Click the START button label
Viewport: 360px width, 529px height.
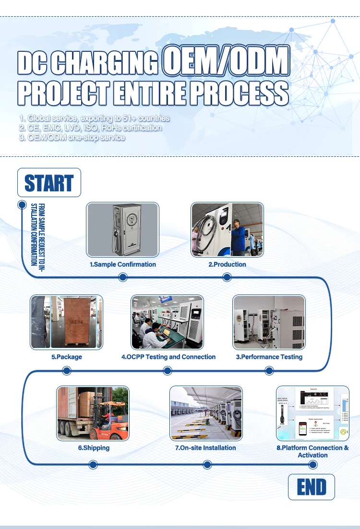(49, 183)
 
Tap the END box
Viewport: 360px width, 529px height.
(311, 487)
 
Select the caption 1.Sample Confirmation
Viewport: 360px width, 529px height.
(123, 264)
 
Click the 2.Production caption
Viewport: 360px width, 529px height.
(227, 264)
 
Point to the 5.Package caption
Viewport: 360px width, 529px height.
(67, 357)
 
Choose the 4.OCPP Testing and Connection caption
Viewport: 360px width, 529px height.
(168, 357)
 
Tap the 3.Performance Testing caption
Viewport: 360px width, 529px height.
(269, 357)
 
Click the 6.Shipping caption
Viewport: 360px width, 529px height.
(94, 448)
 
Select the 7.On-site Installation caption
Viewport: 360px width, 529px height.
(205, 448)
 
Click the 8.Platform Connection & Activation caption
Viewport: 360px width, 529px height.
(312, 451)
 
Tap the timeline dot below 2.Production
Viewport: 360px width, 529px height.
(228, 277)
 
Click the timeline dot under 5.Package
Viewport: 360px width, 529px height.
(67, 370)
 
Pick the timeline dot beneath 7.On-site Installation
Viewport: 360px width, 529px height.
(207, 464)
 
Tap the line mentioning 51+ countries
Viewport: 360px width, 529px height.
(95, 118)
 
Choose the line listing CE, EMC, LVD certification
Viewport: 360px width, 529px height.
(90, 128)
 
